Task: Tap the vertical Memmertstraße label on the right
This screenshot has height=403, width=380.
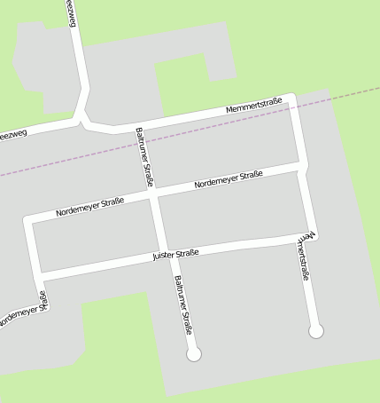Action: coord(304,257)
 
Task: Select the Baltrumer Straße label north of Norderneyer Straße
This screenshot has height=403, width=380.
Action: coord(145,158)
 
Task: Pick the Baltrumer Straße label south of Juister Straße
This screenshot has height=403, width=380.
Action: coord(183,304)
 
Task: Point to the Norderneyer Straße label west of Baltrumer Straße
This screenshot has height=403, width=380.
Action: coord(89,208)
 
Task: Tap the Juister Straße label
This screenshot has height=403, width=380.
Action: coord(174,255)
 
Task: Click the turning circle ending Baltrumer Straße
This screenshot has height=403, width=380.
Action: coord(194,354)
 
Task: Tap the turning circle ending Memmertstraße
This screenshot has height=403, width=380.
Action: coord(316,331)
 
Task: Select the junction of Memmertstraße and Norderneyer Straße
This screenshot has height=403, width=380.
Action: coord(302,166)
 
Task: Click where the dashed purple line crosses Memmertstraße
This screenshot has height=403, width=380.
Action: coord(297,107)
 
